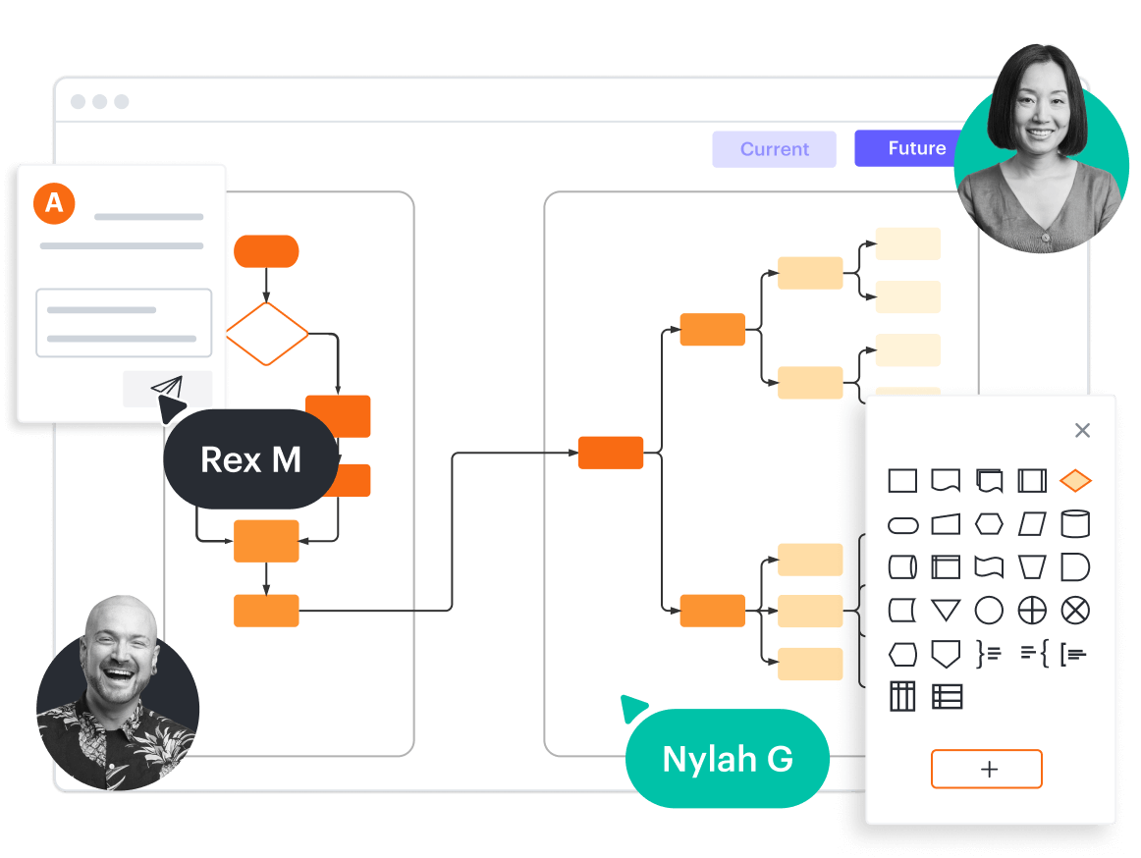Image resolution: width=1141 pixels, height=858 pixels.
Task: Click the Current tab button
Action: pos(774,149)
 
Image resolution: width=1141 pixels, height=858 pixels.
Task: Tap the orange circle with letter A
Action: pos(54,203)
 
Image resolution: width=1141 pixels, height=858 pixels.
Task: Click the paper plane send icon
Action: pos(167,388)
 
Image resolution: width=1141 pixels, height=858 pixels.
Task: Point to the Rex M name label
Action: pos(250,459)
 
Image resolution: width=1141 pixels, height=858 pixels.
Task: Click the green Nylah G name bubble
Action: pos(728,759)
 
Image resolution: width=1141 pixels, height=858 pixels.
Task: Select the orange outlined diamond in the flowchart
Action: pos(267,334)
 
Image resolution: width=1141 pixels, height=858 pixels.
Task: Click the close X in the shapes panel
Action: pos(1082,430)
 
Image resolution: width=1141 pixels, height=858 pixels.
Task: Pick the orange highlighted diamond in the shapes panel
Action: pos(1075,481)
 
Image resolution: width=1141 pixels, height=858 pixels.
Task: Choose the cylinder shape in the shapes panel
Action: pos(1075,523)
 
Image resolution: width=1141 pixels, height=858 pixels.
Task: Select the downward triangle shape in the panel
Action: pos(946,611)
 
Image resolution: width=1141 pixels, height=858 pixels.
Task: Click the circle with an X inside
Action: pos(1075,611)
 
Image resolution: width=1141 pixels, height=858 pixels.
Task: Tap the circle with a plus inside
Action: pos(1032,611)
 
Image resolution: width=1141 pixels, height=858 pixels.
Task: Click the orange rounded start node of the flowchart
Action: pos(266,251)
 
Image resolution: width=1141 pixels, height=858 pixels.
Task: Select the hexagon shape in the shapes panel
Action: pos(989,524)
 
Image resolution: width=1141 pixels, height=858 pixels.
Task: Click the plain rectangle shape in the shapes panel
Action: pos(902,481)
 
